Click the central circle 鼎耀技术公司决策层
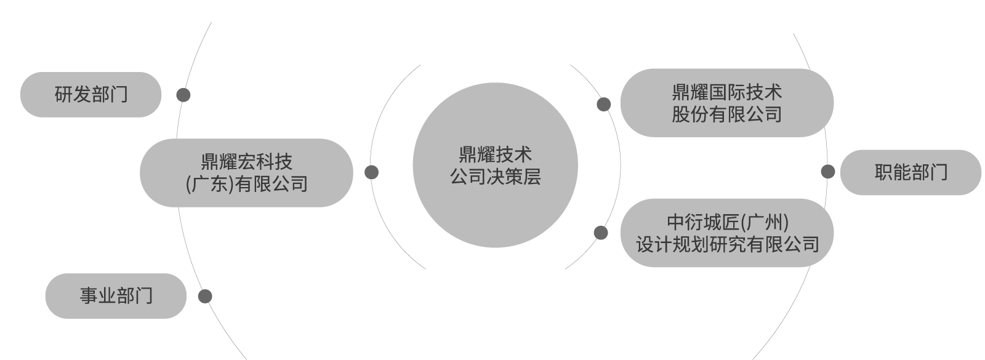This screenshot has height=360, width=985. tap(495, 165)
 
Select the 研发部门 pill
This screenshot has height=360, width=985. tap(90, 95)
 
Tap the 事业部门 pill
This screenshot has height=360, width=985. tap(116, 296)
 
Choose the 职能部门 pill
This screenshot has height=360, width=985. tap(911, 172)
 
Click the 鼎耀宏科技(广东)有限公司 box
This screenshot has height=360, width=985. tap(246, 173)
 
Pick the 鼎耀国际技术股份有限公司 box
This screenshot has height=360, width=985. tap(727, 103)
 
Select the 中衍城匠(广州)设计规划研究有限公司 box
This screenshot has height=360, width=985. tap(727, 233)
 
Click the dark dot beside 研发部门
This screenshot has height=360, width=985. tap(183, 95)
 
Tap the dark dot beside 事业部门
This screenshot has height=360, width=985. tap(205, 296)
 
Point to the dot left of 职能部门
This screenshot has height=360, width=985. tap(828, 172)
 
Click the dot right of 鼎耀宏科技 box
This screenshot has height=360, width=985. tap(372, 172)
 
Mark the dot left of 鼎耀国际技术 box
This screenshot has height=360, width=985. tap(604, 104)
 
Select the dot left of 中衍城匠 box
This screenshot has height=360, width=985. tap(601, 233)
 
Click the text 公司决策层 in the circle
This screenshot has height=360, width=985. tap(495, 177)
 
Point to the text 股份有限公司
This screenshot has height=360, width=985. tap(727, 114)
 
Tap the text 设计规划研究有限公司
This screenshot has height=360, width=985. tap(727, 244)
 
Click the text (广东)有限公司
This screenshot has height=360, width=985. tap(246, 184)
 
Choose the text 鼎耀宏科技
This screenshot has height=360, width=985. tap(246, 162)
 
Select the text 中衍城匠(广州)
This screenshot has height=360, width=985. tap(728, 222)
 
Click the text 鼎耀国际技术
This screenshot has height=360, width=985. tap(727, 92)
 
